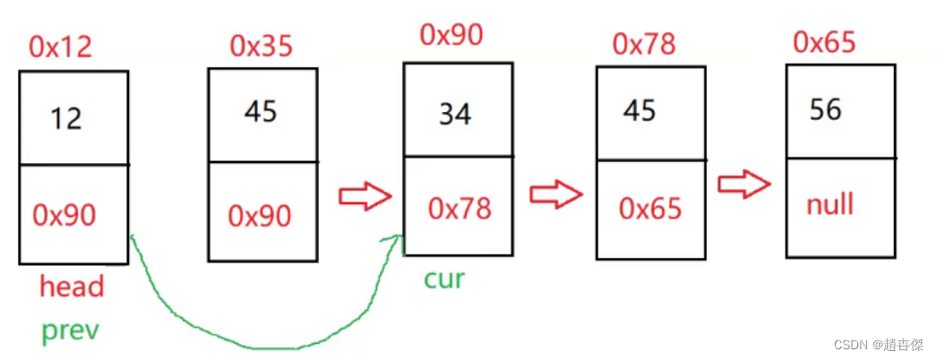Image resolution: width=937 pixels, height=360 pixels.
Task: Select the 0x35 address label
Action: tap(261, 46)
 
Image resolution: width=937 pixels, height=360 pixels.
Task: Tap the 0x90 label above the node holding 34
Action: tap(451, 35)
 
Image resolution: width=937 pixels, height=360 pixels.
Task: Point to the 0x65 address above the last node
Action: tap(824, 42)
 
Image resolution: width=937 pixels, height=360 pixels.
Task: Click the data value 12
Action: tap(66, 118)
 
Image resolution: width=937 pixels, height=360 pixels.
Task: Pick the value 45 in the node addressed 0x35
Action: tap(261, 112)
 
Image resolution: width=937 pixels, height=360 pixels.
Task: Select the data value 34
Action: tap(455, 115)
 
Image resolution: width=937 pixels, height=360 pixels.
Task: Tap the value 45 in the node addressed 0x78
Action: tap(640, 110)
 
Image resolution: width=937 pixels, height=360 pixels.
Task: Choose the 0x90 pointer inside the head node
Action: tap(64, 214)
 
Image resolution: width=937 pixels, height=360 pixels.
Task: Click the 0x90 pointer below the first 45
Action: tap(260, 215)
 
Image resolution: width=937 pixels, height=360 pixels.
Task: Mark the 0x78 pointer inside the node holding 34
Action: tap(459, 208)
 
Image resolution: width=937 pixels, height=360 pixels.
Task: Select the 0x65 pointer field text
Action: tap(649, 209)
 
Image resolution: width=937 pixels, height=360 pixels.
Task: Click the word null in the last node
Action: tap(830, 205)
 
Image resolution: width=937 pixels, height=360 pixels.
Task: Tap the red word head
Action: tap(72, 287)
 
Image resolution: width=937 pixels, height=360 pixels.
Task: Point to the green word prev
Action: tap(70, 330)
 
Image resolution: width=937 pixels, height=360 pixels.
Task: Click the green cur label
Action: tap(444, 279)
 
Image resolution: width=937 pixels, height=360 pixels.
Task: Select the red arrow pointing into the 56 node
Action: tap(744, 184)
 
